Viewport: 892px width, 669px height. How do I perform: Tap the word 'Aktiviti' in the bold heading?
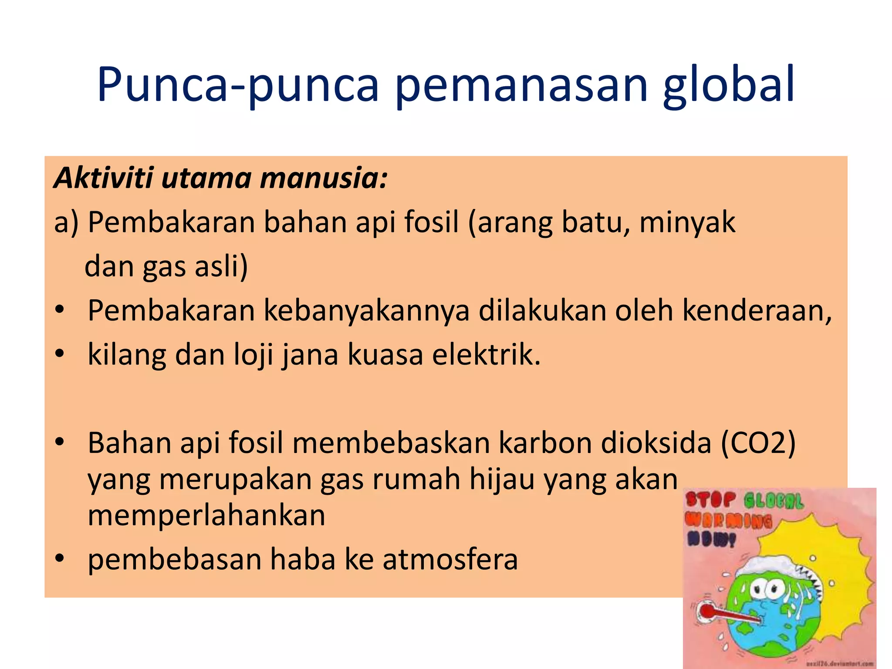(x=104, y=178)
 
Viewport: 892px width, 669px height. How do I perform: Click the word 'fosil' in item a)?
(x=431, y=222)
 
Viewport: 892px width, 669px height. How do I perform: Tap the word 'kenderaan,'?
(x=757, y=311)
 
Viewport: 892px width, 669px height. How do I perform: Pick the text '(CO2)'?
(x=758, y=443)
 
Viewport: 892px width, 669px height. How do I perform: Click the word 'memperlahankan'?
(x=206, y=516)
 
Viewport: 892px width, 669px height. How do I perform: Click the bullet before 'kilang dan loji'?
(x=60, y=354)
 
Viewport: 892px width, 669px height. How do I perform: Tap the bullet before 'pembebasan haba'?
(x=60, y=558)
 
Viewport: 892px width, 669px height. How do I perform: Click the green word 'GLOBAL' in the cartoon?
(x=773, y=501)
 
